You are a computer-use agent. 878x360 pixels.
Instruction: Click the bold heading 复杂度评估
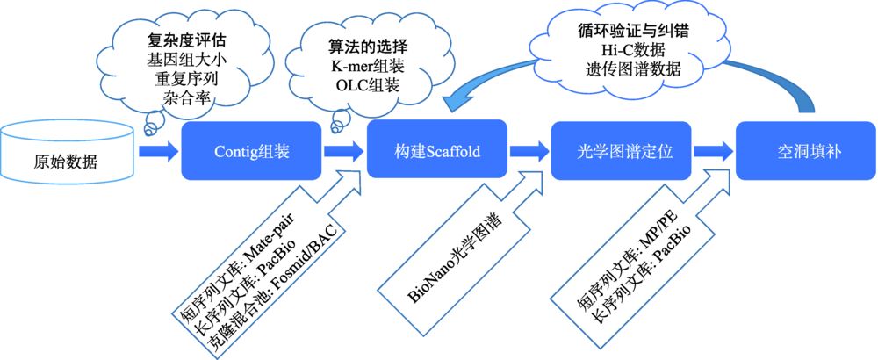click(x=180, y=40)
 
